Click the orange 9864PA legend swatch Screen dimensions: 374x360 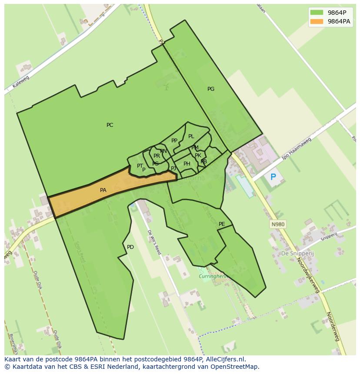[x=317, y=21]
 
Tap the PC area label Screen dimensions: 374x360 [x=110, y=125]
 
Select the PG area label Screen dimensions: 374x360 [x=211, y=89]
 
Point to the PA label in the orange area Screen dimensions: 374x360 [x=103, y=190]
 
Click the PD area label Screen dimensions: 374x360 [x=130, y=247]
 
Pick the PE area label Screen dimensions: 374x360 [x=222, y=224]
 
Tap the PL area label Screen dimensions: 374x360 [x=191, y=137]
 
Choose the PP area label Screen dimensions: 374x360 [x=174, y=141]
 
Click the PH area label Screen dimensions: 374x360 [x=187, y=164]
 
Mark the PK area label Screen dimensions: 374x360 [x=198, y=156]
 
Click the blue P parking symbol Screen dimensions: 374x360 [x=273, y=177]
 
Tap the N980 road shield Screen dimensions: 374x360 [x=277, y=224]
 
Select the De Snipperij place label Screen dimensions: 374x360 [x=297, y=253]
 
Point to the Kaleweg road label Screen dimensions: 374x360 [x=20, y=82]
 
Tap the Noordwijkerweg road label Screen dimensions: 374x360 [x=308, y=275]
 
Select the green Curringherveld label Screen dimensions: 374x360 [x=216, y=276]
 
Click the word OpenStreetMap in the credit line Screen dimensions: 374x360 [x=233, y=367]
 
